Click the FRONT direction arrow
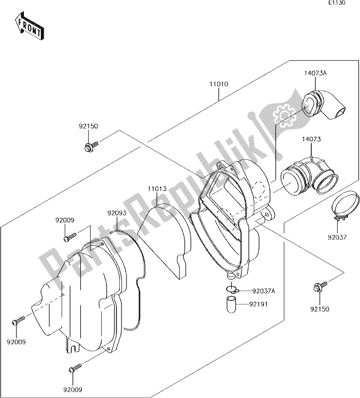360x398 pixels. pos(29,27)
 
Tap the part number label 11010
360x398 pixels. pos(219,85)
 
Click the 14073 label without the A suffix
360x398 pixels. pos(309,141)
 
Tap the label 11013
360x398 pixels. pos(157,189)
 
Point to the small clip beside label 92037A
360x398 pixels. pos(230,290)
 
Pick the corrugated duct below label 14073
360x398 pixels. pos(309,177)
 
